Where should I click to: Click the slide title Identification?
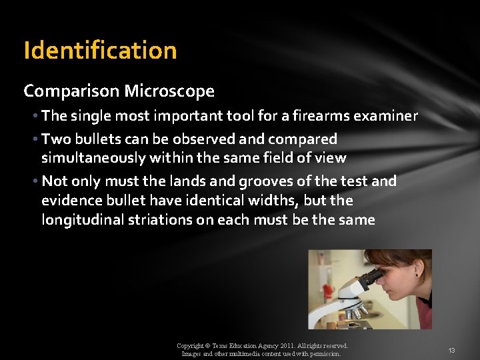tap(100, 51)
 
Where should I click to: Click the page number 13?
tap(451, 351)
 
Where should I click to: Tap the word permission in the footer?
tap(325, 354)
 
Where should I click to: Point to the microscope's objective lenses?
tap(355, 311)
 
